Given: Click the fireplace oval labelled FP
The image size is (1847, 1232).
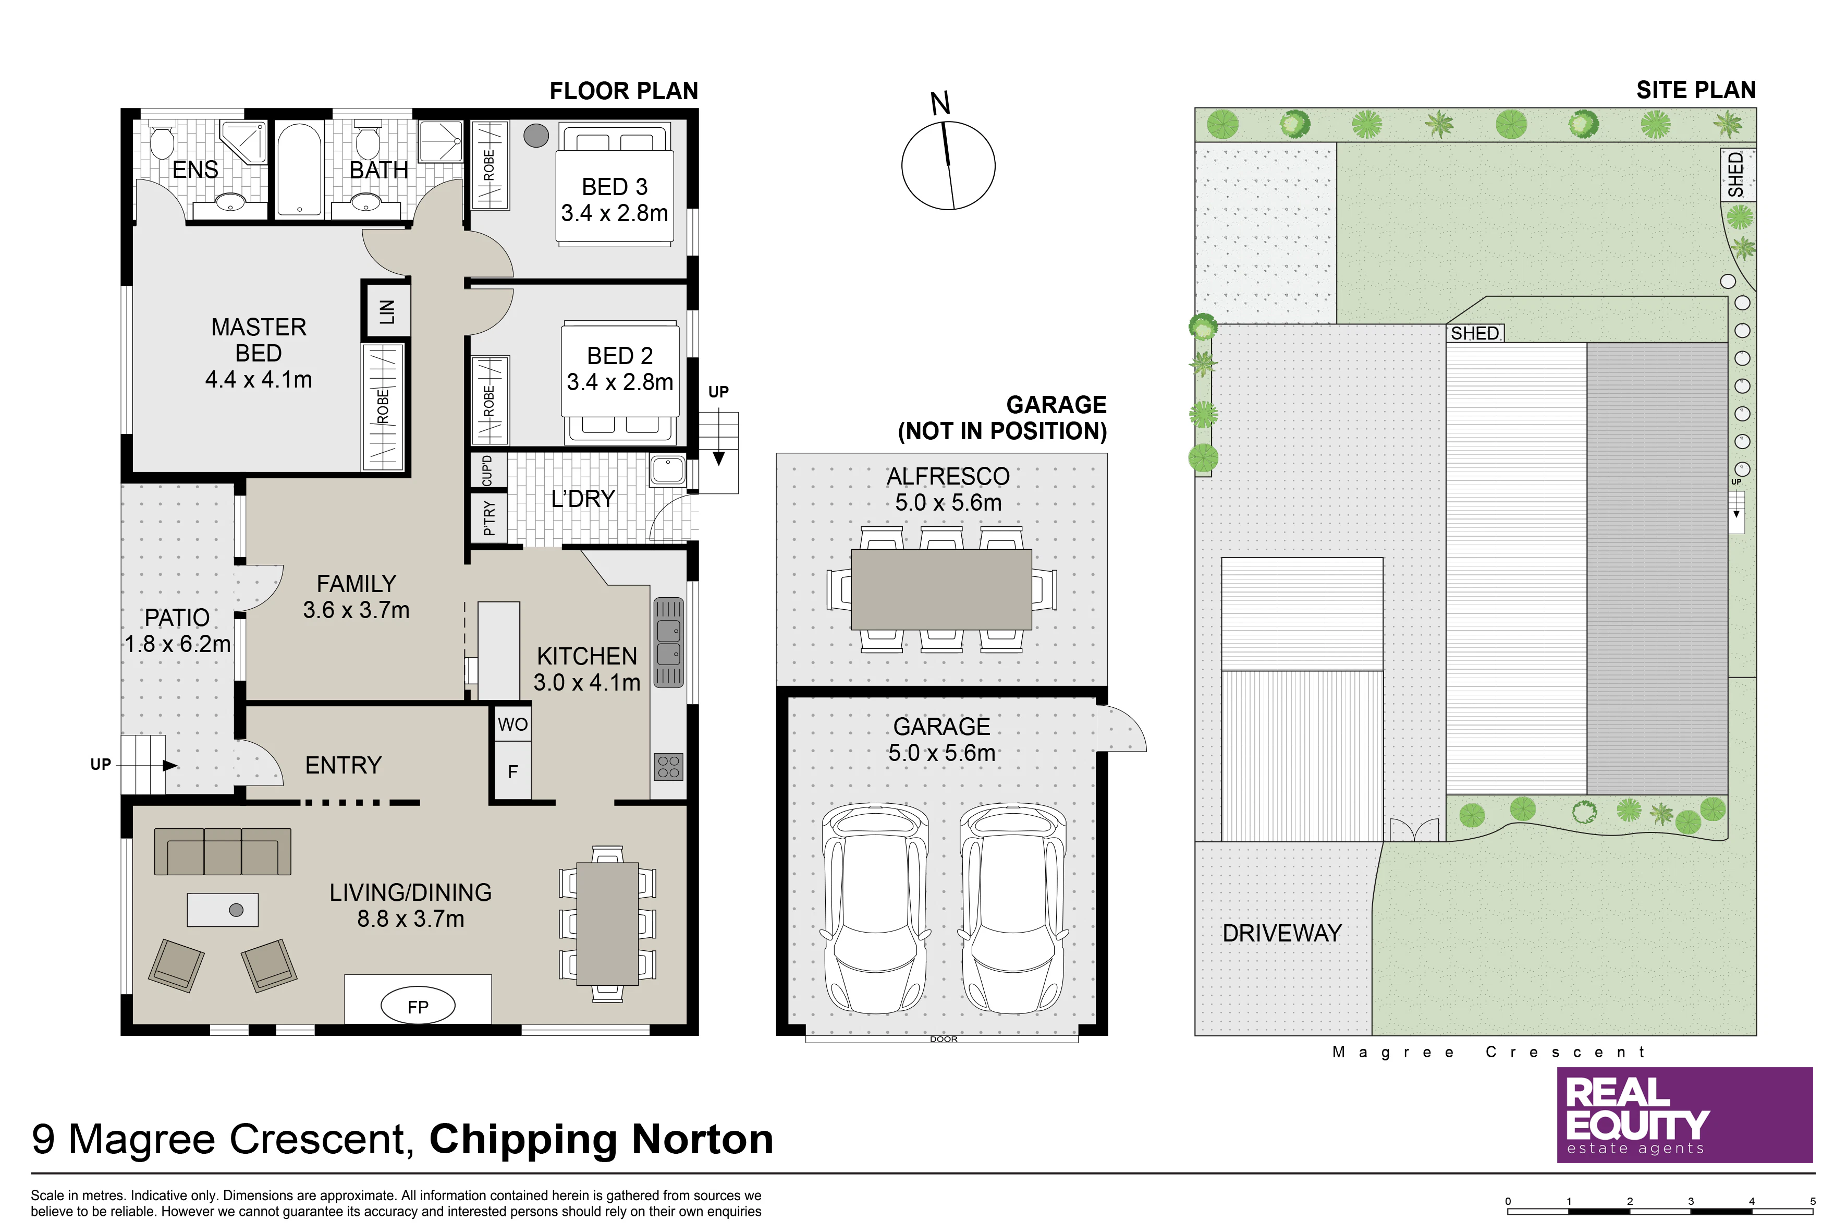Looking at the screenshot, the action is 418,1007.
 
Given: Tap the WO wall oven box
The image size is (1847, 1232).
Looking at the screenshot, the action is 513,723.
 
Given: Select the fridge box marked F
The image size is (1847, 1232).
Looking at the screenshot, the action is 513,771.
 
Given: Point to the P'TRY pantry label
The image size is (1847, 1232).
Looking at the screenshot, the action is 489,518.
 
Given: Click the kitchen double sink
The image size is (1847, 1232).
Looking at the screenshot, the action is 668,642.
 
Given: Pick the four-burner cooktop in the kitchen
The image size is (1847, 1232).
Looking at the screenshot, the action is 668,766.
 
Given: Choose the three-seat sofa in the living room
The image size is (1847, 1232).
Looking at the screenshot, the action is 222,852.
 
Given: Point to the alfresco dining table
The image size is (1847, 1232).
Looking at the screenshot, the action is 941,589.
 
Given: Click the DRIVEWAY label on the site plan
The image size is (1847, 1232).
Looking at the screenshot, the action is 1281,934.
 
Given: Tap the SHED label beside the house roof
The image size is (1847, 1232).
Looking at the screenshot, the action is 1475,333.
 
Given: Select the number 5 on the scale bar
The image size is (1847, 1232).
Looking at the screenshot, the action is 1813,1201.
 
